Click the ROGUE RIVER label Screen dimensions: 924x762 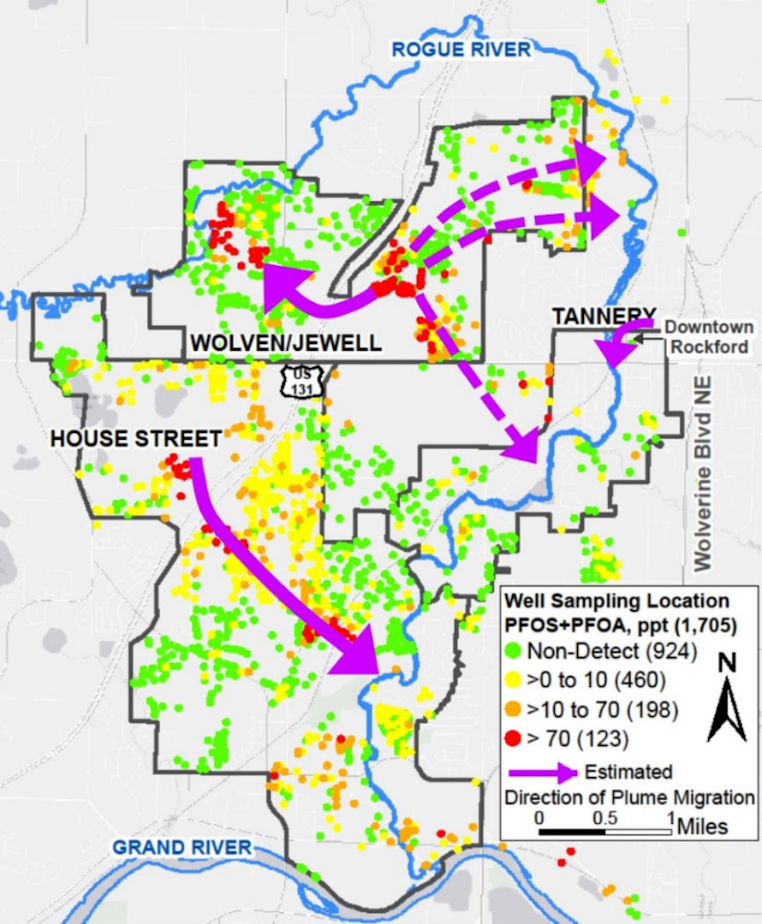coord(461,50)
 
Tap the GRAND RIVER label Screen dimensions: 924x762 coord(182,847)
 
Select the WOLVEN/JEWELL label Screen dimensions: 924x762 coord(285,343)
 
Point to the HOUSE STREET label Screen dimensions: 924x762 coord(136,439)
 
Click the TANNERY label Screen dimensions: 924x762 coord(604,316)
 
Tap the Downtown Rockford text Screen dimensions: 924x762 coord(710,335)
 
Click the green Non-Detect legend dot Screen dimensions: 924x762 coord(514,651)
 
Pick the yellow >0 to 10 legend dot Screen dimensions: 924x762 coord(514,680)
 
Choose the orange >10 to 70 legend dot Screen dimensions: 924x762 coord(514,709)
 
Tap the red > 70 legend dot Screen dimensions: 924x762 coord(514,737)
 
